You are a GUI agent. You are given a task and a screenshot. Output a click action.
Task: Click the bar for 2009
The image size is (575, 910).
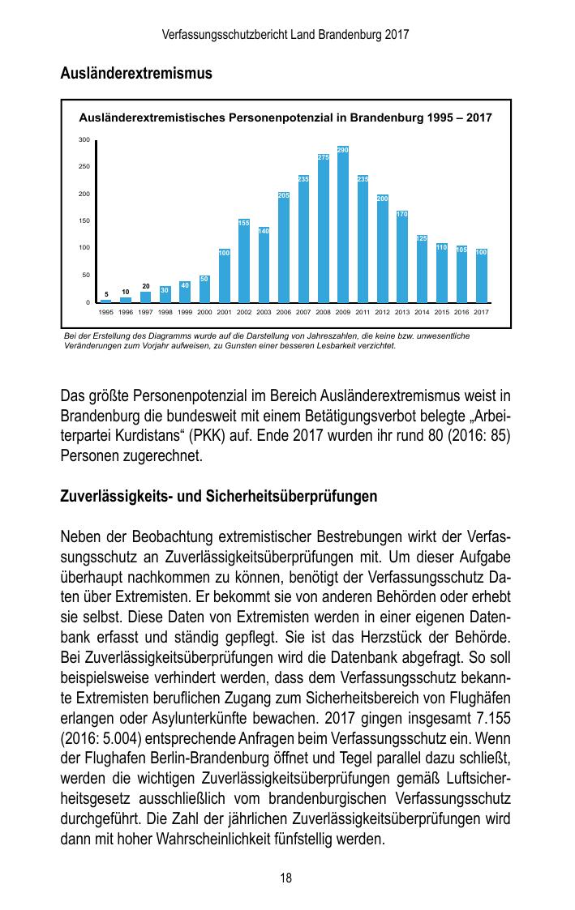pyautogui.click(x=343, y=224)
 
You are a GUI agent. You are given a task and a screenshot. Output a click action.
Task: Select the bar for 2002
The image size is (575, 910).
pyautogui.click(x=244, y=261)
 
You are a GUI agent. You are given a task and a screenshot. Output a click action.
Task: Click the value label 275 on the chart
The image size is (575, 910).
pyautogui.click(x=323, y=157)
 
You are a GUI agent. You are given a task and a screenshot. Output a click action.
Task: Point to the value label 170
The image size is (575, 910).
pyautogui.click(x=402, y=214)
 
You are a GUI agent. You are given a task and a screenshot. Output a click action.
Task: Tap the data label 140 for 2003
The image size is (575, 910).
pyautogui.click(x=264, y=231)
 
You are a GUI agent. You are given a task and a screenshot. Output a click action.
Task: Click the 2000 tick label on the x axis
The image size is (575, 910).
pyautogui.click(x=204, y=311)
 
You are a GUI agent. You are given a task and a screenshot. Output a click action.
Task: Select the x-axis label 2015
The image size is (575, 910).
pyautogui.click(x=442, y=311)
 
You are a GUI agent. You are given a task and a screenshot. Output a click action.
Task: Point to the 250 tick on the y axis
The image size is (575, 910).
pyautogui.click(x=84, y=167)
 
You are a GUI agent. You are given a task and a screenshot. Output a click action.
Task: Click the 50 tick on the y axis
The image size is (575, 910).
pyautogui.click(x=86, y=276)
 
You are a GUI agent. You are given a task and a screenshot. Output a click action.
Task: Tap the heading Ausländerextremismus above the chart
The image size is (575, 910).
pyautogui.click(x=136, y=74)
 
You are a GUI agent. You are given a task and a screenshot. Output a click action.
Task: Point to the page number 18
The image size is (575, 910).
pyautogui.click(x=286, y=878)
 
